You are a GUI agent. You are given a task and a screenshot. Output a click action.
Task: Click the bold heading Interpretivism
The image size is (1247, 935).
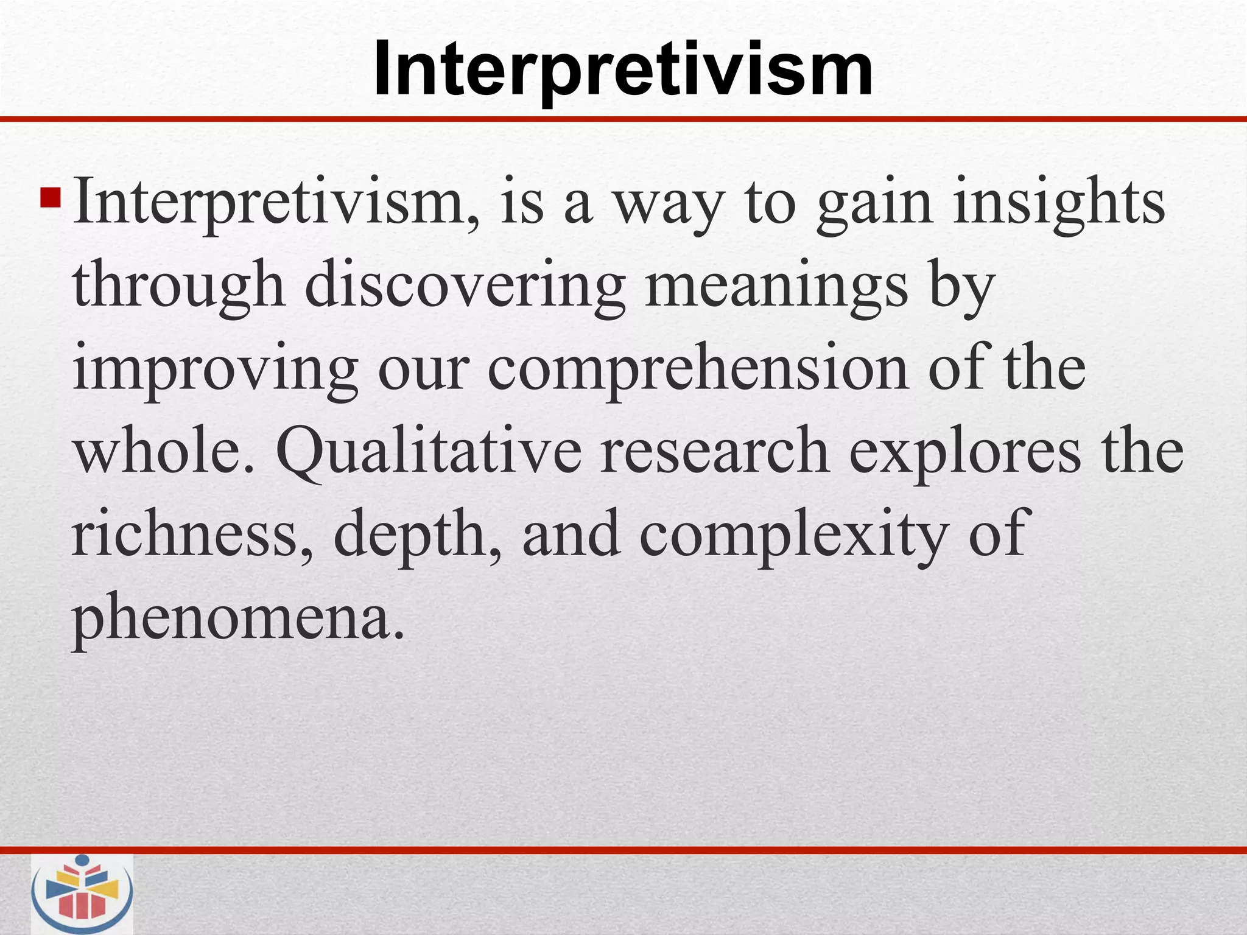(x=623, y=69)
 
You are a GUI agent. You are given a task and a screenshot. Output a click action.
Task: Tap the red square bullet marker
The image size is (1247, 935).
(x=50, y=198)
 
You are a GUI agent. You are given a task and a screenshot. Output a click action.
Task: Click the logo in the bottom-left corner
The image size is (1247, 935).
(x=82, y=893)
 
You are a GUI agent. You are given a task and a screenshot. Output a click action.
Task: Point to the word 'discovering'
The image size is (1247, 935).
(x=465, y=286)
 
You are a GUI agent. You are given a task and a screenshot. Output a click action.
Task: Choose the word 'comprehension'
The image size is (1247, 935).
(x=698, y=370)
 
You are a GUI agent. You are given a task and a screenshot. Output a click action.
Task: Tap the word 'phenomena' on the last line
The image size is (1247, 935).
(x=237, y=620)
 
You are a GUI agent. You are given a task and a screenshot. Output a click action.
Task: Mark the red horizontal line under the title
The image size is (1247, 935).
(x=623, y=119)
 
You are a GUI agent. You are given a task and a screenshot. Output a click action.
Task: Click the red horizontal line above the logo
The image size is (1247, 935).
(x=623, y=850)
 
